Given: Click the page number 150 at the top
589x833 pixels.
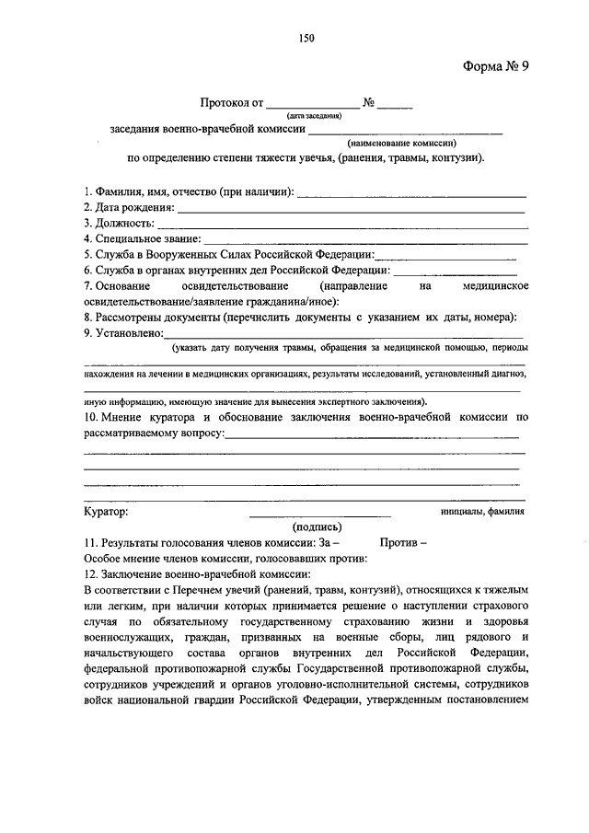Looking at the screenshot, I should [307, 38].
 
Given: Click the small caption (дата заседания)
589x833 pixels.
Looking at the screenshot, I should [314, 116].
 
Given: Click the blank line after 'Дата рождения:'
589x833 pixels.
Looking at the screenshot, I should [350, 211].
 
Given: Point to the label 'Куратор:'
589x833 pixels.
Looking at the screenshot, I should [107, 511].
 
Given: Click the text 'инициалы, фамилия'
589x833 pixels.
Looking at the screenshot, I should [484, 511].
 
